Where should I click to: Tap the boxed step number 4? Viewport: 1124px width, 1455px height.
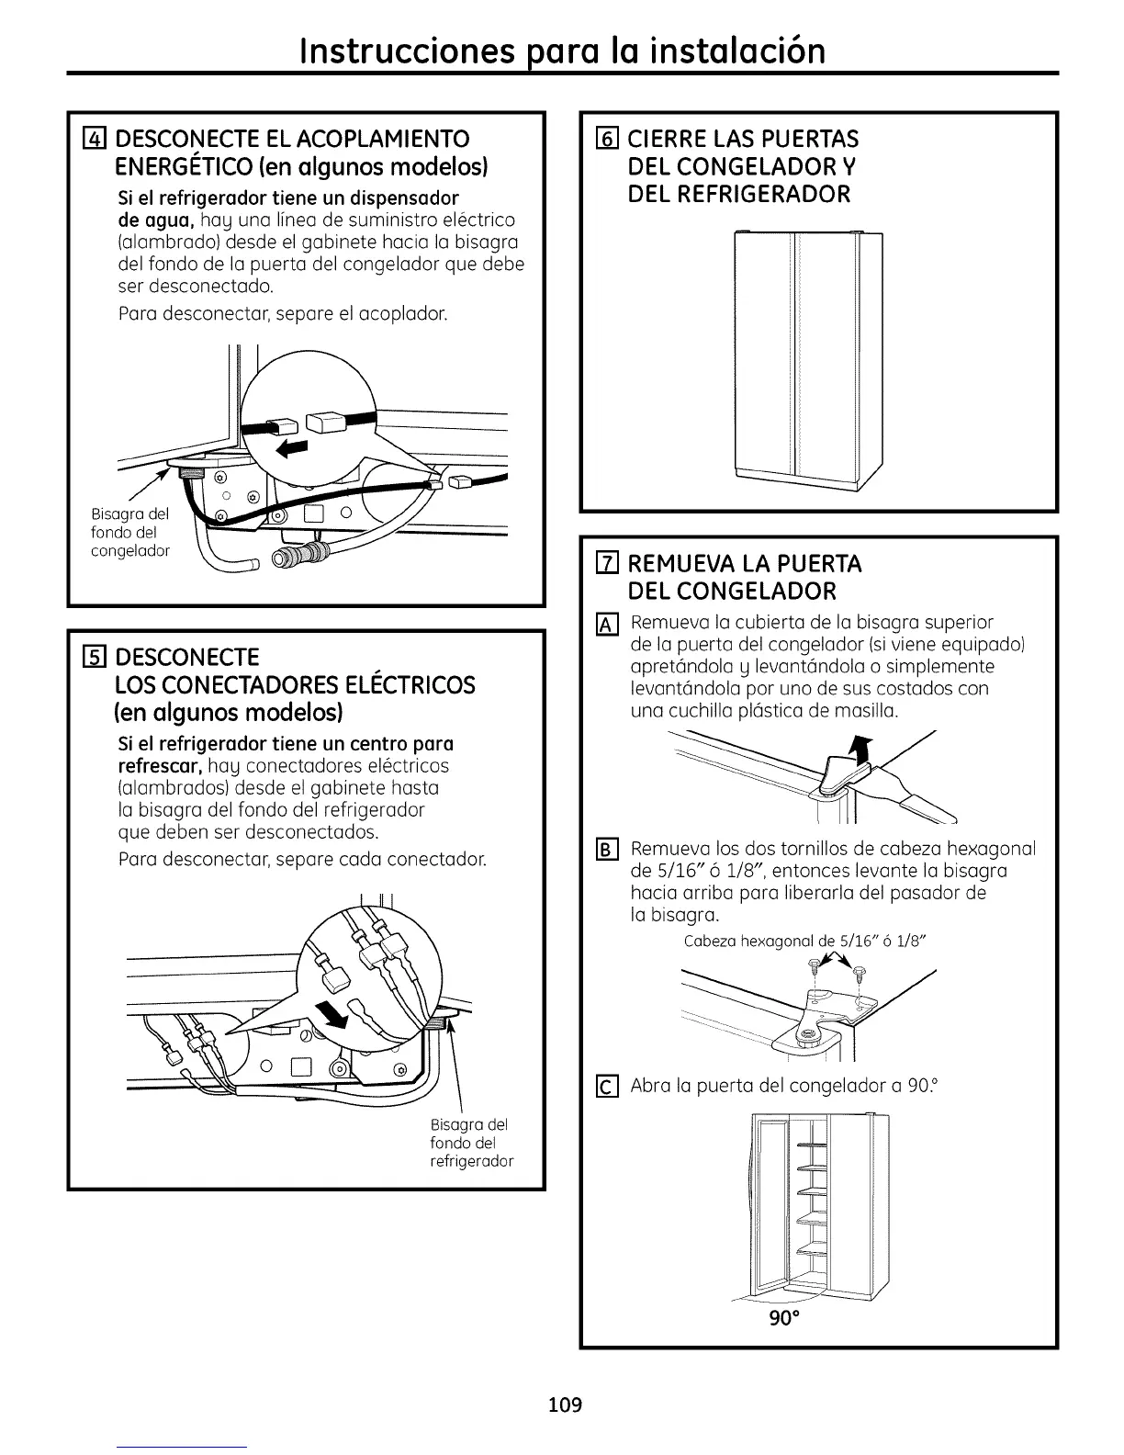pyautogui.click(x=91, y=140)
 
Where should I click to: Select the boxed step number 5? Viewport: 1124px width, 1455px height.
pyautogui.click(x=91, y=657)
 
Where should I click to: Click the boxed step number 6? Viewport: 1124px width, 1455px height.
pyautogui.click(x=604, y=140)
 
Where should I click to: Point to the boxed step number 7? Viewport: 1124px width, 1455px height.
pyautogui.click(x=604, y=562)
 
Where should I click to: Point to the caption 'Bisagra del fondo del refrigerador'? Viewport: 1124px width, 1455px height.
pyautogui.click(x=471, y=1143)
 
